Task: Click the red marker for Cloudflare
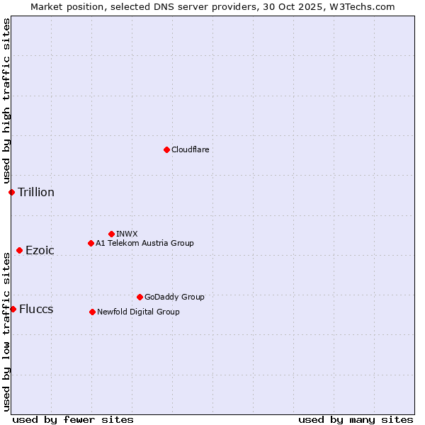[x=166, y=149]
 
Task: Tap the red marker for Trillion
[x=11, y=192]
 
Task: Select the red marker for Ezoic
[x=19, y=250]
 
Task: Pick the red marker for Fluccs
[x=13, y=309]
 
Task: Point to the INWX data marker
[x=111, y=234]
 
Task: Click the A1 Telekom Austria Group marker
[x=91, y=243]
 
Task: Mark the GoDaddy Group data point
[x=140, y=297]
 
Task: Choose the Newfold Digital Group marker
[x=92, y=312]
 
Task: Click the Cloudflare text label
[x=190, y=149]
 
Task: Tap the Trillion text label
[x=36, y=192]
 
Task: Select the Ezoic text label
[x=40, y=250]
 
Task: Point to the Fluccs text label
[x=36, y=309]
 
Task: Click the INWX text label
[x=127, y=234]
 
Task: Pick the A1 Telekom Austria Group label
[x=144, y=243]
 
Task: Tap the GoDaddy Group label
[x=174, y=297]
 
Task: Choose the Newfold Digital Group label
[x=138, y=312]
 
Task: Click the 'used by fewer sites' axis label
[x=73, y=419]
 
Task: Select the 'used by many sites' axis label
[x=356, y=419]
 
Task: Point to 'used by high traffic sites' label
[x=6, y=101]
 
